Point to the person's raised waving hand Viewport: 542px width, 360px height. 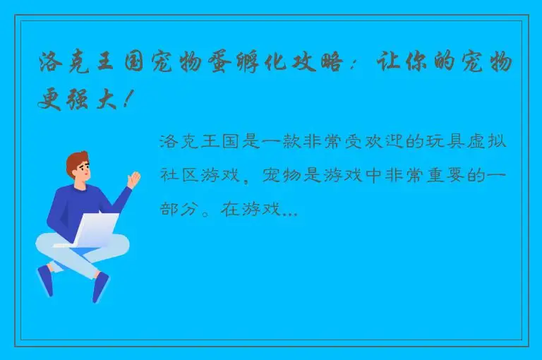point(132,178)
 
